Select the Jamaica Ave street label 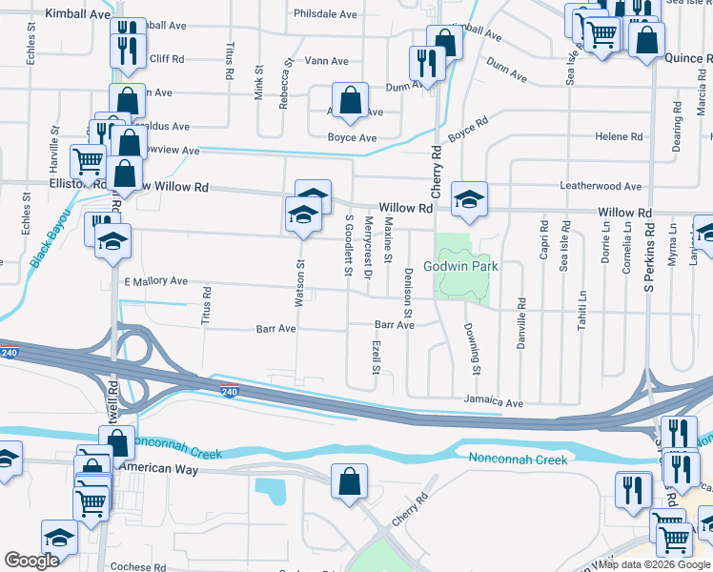click(x=494, y=403)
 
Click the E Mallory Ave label click(x=156, y=282)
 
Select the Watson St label click(x=299, y=283)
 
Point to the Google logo click(x=31, y=561)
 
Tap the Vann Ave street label click(x=326, y=61)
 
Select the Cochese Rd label click(x=138, y=566)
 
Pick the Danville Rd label click(x=521, y=323)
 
